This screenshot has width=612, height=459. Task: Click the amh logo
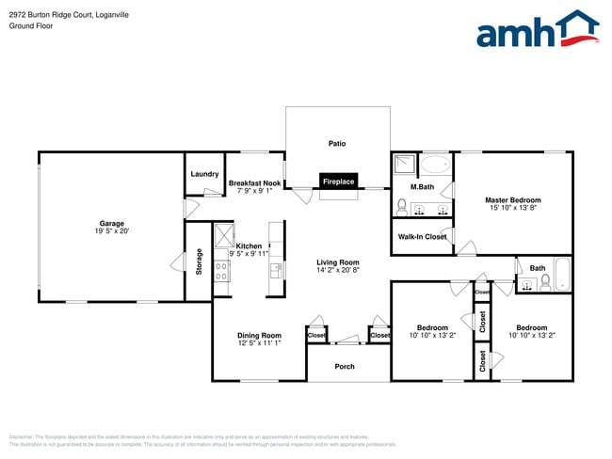(538, 30)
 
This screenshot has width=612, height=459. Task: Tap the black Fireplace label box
(338, 182)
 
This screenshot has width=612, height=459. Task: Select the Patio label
(337, 144)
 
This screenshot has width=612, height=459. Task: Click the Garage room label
(112, 223)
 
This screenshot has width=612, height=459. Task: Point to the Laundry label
(204, 174)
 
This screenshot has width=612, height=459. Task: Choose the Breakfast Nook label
(254, 182)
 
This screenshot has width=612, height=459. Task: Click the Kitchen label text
(249, 245)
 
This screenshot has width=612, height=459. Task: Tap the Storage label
(199, 261)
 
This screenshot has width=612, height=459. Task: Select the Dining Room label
(259, 335)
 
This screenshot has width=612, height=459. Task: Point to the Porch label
(345, 366)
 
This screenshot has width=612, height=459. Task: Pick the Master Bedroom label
(513, 199)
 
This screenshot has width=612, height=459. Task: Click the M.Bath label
(422, 187)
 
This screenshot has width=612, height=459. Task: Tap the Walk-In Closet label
(422, 237)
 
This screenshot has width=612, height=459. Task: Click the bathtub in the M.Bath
(435, 166)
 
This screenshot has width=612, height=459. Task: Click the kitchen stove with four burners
(222, 271)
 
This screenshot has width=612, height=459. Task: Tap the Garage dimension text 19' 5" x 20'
(112, 230)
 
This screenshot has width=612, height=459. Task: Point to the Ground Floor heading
(31, 25)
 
